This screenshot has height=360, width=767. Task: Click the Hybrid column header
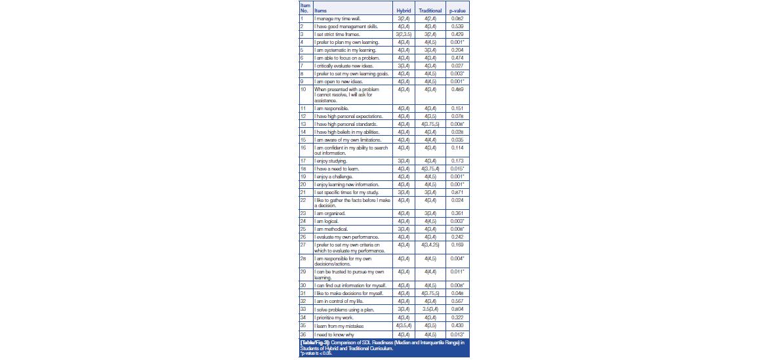(x=403, y=11)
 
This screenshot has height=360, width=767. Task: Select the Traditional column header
(x=430, y=11)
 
